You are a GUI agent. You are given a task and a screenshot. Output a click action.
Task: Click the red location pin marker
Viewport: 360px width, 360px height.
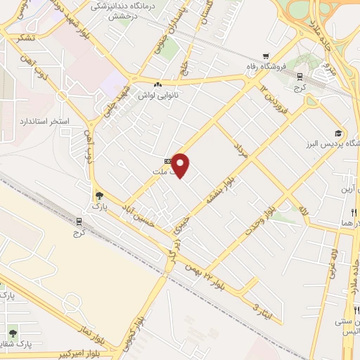coord(181,165)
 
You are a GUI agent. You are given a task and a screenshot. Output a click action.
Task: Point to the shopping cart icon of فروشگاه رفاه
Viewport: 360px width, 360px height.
coord(265,56)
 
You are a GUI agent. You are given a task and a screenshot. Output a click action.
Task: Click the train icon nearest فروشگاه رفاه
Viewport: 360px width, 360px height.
coord(300,77)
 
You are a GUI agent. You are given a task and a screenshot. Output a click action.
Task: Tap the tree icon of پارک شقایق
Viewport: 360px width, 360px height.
coord(13,331)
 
